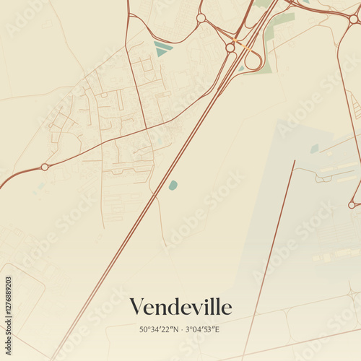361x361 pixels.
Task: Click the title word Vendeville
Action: point(180,307)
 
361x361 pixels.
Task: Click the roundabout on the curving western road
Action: point(45,167)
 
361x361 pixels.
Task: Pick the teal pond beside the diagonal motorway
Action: point(173,186)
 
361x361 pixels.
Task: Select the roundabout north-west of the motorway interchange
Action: point(201,18)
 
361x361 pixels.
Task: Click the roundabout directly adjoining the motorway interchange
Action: point(230,48)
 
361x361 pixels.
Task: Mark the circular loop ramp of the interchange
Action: point(253,61)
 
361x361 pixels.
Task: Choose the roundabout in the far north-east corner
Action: point(353,19)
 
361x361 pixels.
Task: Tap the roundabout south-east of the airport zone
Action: point(352,205)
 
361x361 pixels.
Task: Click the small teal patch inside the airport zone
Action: point(315,149)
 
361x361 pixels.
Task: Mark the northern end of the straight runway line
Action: point(295,161)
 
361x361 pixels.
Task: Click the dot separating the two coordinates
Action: point(181,330)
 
